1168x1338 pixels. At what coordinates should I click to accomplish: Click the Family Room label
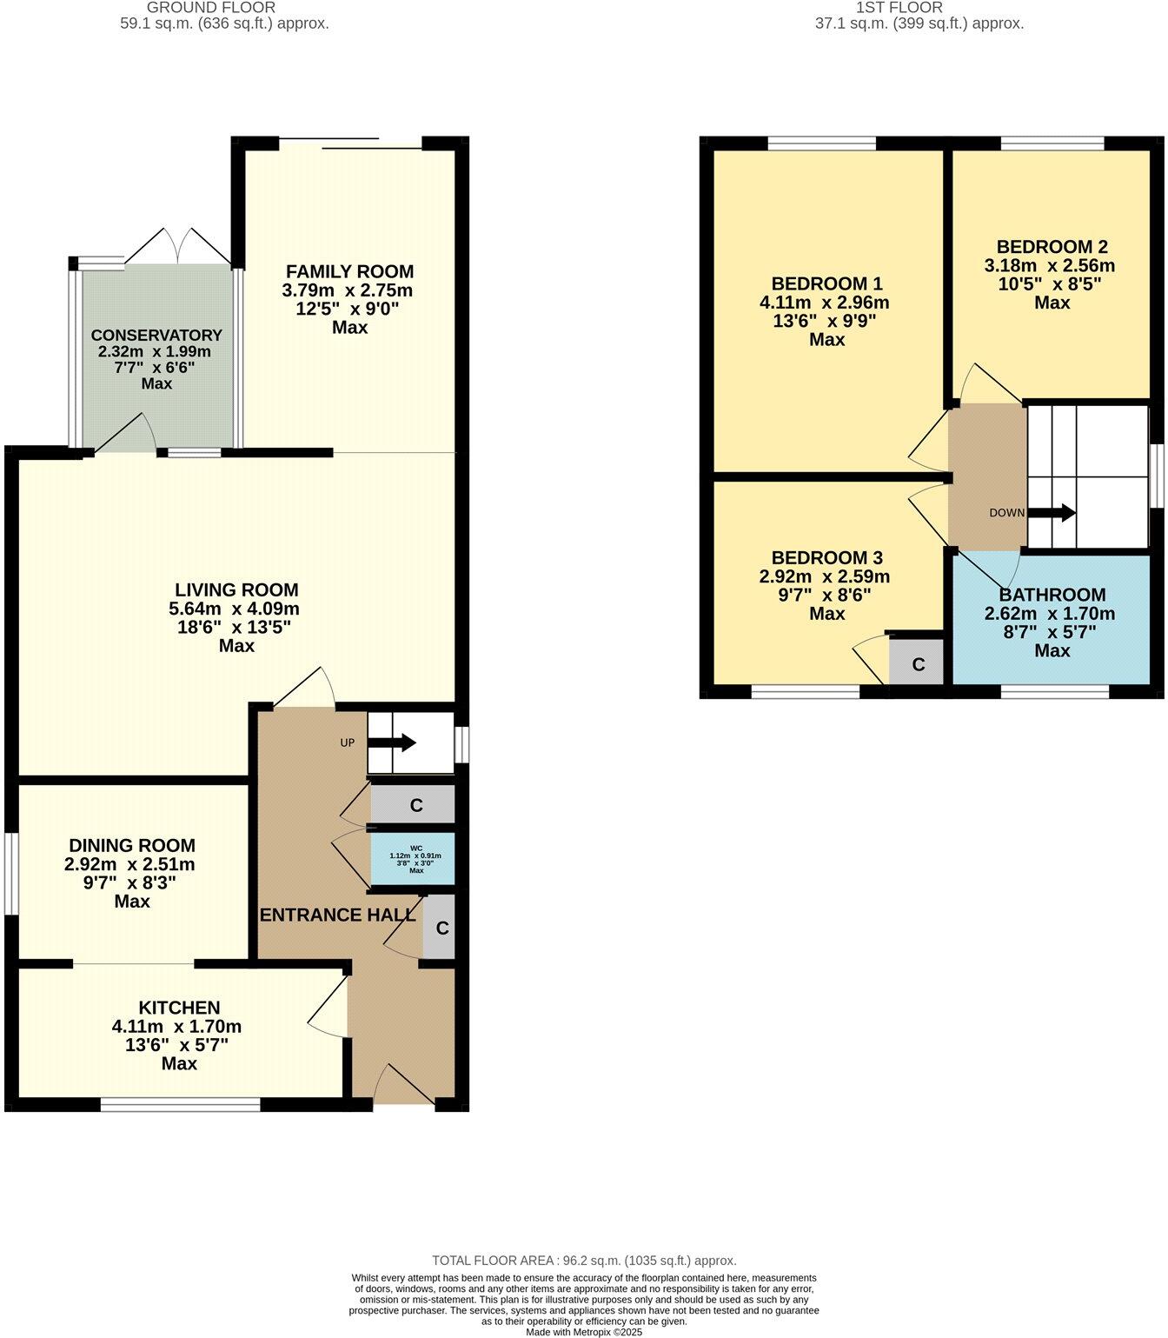point(349,271)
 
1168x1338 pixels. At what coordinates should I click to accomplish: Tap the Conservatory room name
point(156,335)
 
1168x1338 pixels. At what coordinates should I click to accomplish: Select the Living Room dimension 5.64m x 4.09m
point(235,609)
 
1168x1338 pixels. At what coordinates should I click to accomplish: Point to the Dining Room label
point(132,845)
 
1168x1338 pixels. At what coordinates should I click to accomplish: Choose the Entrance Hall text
point(337,915)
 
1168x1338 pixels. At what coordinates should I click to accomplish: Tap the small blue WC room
point(414,858)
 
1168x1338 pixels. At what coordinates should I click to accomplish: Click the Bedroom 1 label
point(826,283)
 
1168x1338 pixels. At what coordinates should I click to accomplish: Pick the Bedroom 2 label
point(1052,247)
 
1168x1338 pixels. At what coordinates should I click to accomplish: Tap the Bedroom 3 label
point(826,557)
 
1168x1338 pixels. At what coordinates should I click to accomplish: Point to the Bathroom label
point(1052,595)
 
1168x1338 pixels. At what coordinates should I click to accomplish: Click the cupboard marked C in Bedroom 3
point(917,665)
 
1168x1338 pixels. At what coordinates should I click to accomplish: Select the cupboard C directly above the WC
point(415,805)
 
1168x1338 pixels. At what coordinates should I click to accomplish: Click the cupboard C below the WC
point(441,929)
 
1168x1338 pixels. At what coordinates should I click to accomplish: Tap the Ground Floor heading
point(224,7)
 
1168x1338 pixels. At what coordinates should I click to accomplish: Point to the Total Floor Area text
point(584,1260)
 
